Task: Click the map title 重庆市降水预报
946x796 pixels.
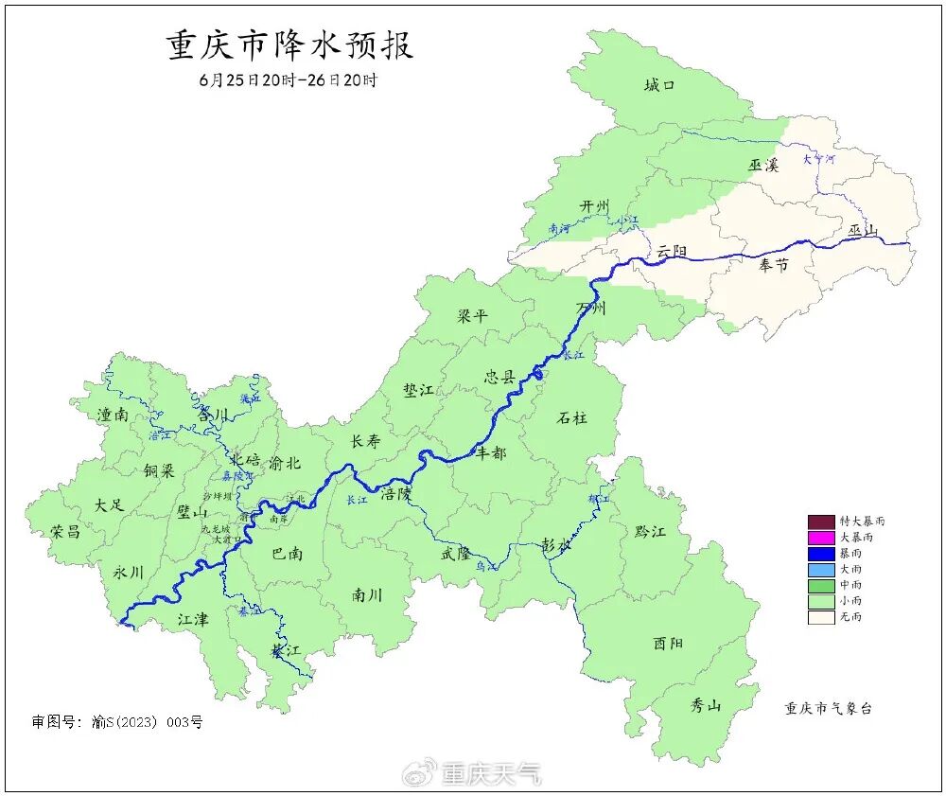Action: [x=290, y=46]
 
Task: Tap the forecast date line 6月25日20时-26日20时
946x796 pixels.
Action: [x=288, y=80]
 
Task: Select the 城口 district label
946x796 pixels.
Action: [x=659, y=86]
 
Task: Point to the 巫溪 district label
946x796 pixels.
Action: [x=762, y=165]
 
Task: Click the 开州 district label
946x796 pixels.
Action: [x=594, y=206]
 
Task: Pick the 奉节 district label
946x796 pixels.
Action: [x=773, y=266]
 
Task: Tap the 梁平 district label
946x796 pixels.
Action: [x=472, y=315]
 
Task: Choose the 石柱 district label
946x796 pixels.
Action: [x=571, y=417]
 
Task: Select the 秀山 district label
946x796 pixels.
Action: [x=706, y=705]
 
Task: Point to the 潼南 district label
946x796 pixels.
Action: [x=114, y=415]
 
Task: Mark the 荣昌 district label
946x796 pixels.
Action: [x=65, y=531]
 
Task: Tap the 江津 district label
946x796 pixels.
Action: [x=193, y=619]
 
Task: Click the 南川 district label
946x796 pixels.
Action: [x=367, y=595]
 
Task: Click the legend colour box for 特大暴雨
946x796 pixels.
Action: [x=820, y=522]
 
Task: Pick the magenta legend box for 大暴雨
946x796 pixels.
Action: [x=820, y=538]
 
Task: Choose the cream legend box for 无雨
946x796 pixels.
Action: [x=820, y=617]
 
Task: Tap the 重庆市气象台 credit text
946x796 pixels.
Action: [x=828, y=708]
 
